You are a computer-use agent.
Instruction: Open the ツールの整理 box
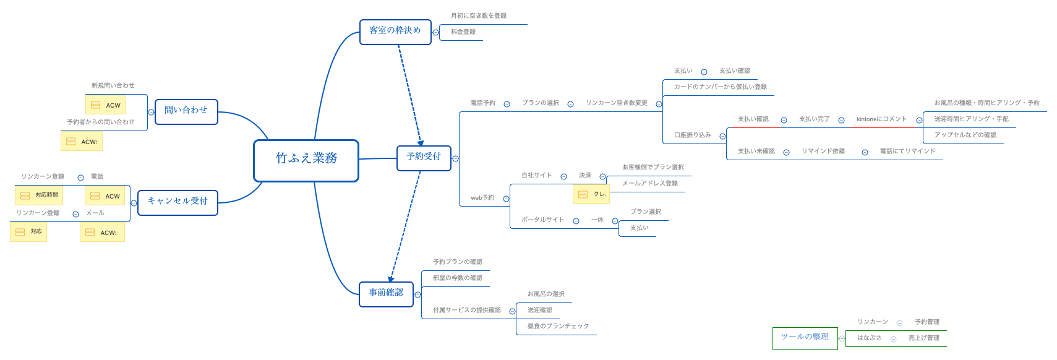click(x=805, y=338)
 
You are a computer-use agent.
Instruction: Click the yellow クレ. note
click(x=591, y=194)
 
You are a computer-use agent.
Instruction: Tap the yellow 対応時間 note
click(x=39, y=195)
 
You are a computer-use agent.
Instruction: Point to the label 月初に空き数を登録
click(x=479, y=15)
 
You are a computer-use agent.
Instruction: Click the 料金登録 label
click(x=463, y=32)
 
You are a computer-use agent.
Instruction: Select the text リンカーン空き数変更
click(x=617, y=103)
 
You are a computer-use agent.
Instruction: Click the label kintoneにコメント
click(x=881, y=119)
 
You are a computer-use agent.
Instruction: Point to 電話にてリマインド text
click(x=907, y=151)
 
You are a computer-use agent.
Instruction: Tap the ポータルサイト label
click(x=542, y=220)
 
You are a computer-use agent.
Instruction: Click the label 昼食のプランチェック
click(x=558, y=326)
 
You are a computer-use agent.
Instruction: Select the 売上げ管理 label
click(x=923, y=338)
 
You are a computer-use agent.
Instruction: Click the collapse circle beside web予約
click(x=506, y=199)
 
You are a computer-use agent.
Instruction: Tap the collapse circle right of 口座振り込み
click(x=722, y=136)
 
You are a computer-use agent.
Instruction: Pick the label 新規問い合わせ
click(x=113, y=85)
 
